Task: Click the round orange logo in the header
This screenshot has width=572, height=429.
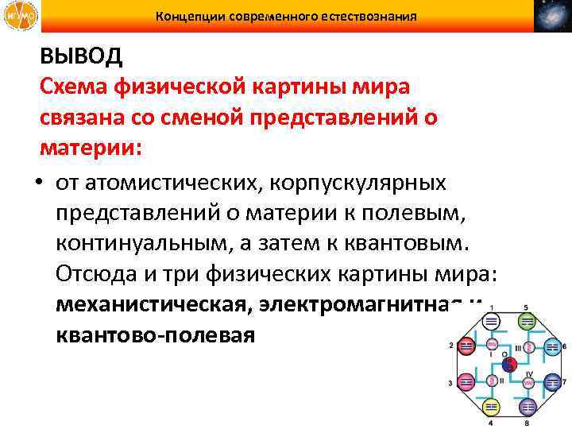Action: click(x=17, y=16)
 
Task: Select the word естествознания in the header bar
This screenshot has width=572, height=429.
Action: click(x=369, y=15)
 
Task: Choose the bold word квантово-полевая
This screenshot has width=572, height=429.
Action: click(x=156, y=334)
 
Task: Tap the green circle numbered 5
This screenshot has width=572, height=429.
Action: click(x=525, y=319)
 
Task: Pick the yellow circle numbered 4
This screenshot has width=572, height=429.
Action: click(x=491, y=404)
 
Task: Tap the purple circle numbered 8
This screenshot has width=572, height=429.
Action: click(x=526, y=404)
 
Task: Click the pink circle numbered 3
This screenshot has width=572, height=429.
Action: click(x=466, y=381)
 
